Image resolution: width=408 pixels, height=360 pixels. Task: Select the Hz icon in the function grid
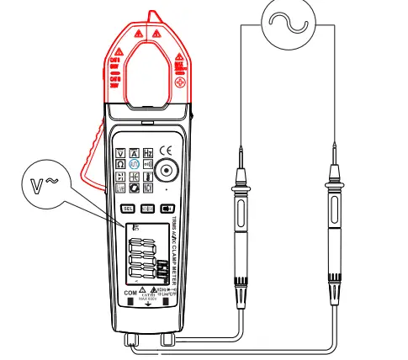pyautogui.click(x=147, y=152)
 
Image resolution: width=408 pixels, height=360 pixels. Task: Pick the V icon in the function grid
pyautogui.click(x=120, y=152)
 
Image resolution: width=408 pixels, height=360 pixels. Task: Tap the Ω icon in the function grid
pyautogui.click(x=120, y=166)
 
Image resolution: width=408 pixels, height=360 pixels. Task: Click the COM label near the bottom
pyautogui.click(x=130, y=292)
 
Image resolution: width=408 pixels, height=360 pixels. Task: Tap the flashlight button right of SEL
pyautogui.click(x=167, y=209)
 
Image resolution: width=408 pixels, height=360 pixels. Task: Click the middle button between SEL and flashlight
pyautogui.click(x=147, y=209)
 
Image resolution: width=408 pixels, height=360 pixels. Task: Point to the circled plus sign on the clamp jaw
pyautogui.click(x=182, y=85)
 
